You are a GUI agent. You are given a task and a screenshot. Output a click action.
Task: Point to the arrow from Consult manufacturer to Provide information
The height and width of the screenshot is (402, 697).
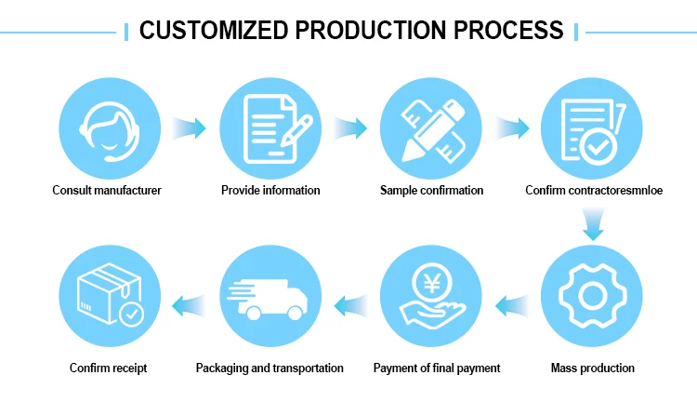point(189,127)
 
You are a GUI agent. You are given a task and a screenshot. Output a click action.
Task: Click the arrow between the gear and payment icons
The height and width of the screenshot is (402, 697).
point(511,303)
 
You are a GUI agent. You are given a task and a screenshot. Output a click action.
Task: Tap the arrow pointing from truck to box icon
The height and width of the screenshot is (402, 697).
point(189,303)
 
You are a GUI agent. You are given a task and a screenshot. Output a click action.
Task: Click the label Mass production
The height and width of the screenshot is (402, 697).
point(593,368)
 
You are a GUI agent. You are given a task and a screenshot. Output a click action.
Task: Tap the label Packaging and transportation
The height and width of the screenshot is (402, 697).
point(270,368)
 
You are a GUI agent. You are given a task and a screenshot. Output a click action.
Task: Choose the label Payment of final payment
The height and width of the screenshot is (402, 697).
point(437,368)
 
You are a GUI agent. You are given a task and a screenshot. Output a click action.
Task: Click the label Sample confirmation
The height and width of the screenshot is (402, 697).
point(431,191)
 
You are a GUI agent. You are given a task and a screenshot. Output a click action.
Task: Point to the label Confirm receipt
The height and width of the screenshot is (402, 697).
point(108,368)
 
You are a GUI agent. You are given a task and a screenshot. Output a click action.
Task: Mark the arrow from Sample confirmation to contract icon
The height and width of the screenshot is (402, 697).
point(512,127)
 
